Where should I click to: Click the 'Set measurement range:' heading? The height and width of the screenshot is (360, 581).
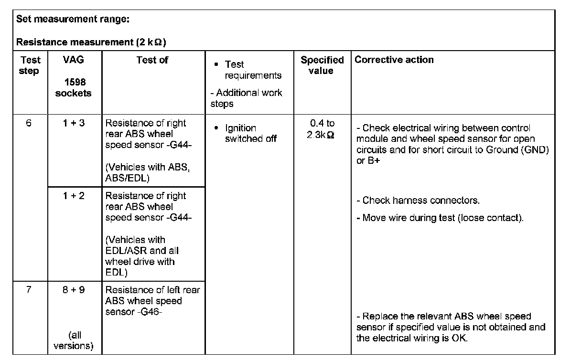[73, 20]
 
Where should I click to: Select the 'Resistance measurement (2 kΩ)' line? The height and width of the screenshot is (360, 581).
[91, 42]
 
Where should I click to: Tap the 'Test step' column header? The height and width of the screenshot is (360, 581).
[30, 65]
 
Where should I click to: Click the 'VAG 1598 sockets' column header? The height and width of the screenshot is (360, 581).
[74, 76]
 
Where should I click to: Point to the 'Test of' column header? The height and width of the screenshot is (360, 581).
[152, 60]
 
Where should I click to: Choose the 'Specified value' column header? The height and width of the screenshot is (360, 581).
[322, 65]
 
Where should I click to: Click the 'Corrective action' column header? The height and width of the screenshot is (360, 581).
[394, 60]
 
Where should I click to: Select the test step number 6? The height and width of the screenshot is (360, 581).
[29, 123]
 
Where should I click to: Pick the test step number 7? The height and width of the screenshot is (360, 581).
[29, 290]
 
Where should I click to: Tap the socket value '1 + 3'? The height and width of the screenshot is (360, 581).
[74, 123]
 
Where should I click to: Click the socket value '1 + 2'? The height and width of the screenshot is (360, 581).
[74, 196]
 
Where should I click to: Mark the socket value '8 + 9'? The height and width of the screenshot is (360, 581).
[74, 290]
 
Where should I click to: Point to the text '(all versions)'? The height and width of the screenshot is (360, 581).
[74, 340]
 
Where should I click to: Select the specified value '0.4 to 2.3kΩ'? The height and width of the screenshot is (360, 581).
[322, 129]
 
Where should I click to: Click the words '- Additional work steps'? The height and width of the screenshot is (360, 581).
[246, 98]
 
